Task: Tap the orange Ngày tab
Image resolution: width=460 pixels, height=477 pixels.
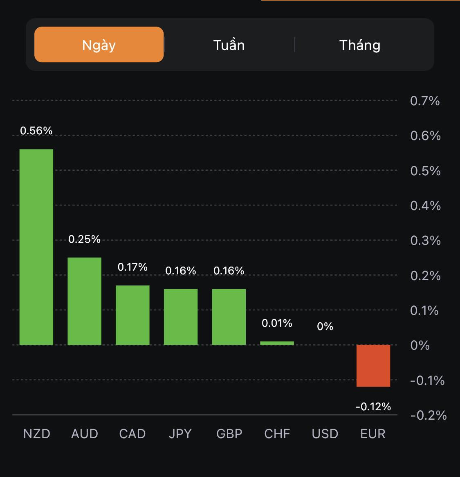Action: click(x=99, y=45)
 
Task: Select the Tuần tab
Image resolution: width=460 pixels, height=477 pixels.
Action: click(x=229, y=45)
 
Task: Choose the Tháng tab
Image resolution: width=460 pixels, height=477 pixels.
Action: click(x=360, y=45)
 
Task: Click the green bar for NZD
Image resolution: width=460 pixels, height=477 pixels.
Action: click(x=36, y=247)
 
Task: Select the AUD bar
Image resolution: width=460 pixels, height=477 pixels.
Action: click(x=84, y=301)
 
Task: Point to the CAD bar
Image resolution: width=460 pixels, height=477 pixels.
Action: click(x=132, y=315)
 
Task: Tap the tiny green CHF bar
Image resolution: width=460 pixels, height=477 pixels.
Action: click(x=277, y=343)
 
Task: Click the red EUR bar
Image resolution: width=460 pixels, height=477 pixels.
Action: click(x=373, y=366)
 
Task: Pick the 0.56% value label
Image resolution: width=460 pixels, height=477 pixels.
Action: click(x=36, y=131)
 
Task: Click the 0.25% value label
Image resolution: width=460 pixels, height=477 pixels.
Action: click(x=84, y=239)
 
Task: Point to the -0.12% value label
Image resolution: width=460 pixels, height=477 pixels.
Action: click(x=373, y=407)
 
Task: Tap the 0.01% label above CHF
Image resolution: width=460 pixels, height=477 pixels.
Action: click(x=277, y=323)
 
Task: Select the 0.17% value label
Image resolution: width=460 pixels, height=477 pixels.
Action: click(x=132, y=267)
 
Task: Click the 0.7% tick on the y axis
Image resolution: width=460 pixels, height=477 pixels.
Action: click(x=425, y=101)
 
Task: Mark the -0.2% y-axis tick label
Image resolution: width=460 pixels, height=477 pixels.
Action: click(x=428, y=416)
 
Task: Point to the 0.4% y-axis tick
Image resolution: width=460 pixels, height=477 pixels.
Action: click(x=425, y=206)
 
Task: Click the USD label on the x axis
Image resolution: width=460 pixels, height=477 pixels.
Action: click(x=325, y=434)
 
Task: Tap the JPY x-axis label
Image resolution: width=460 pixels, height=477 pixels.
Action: click(x=180, y=434)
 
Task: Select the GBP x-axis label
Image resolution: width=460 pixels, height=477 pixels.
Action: click(x=229, y=434)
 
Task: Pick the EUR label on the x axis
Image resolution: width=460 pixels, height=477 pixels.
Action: click(x=373, y=434)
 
